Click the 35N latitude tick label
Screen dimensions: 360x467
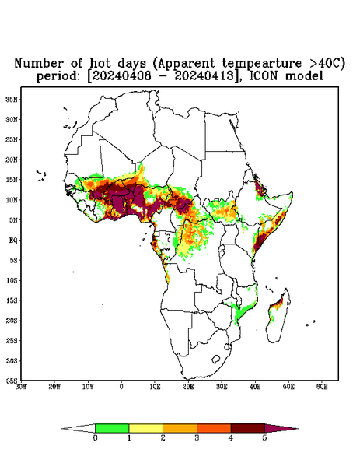click(x=12, y=100)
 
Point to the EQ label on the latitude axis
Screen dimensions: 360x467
click(x=12, y=240)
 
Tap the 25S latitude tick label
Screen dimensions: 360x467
click(x=12, y=340)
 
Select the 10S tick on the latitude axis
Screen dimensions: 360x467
click(x=12, y=280)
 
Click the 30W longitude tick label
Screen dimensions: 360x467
click(x=22, y=387)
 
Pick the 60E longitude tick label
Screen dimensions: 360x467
click(x=322, y=387)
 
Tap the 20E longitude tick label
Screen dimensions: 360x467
click(x=188, y=387)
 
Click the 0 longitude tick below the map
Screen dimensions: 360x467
click(x=121, y=387)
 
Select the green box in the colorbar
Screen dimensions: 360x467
click(x=112, y=428)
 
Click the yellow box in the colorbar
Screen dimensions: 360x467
click(x=145, y=428)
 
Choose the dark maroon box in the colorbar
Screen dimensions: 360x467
click(x=248, y=428)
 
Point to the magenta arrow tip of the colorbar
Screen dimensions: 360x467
click(x=298, y=429)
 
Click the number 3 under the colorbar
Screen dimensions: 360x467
click(x=197, y=438)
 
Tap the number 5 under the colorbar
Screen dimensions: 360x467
click(x=264, y=438)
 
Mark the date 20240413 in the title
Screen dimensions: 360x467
click(x=204, y=76)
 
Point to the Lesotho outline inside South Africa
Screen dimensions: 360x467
click(x=215, y=359)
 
